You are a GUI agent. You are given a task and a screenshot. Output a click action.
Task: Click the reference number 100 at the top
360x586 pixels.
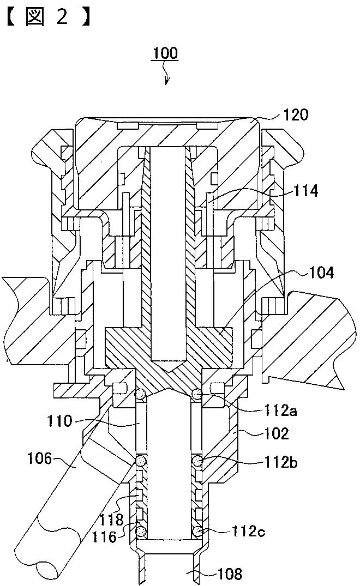(165, 53)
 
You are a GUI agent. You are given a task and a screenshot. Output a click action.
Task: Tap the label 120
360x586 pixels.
(296, 114)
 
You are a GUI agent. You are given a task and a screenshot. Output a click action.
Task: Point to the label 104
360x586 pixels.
(321, 273)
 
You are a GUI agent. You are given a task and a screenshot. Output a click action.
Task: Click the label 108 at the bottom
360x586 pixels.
(231, 573)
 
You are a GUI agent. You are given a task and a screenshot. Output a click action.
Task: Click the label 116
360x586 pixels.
(105, 537)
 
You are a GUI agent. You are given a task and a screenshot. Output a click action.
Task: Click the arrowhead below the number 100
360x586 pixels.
(166, 83)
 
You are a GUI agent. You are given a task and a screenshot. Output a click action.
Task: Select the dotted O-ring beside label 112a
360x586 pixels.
(199, 394)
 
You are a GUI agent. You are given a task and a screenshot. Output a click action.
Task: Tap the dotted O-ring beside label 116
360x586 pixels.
(141, 530)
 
